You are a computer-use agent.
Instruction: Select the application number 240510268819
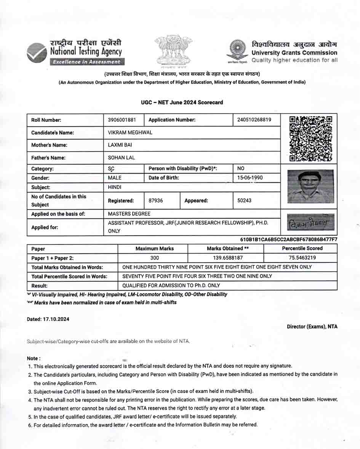pos(254,120)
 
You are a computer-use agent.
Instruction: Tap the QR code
pos(310,138)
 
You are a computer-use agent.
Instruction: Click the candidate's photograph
pos(310,187)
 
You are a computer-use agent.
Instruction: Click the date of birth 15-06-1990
pos(250,178)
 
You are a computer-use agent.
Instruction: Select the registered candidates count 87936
pos(156,200)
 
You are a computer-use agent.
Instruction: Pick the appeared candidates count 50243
pos(244,200)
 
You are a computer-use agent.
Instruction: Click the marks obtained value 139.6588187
pos(225,258)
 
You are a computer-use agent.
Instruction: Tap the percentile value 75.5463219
pos(302,258)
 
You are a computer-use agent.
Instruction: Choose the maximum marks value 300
pos(155,258)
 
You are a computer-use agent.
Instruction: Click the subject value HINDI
pos(115,187)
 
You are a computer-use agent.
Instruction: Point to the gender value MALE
pos(115,178)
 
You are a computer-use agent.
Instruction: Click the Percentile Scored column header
pos(302,248)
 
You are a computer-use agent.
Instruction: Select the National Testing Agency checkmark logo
pos(36,52)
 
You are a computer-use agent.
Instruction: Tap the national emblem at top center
pos(173,50)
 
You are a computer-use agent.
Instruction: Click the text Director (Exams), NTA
pos(312,326)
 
